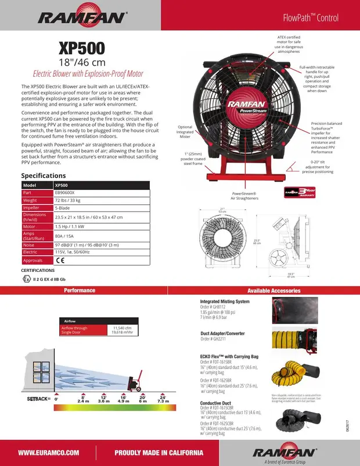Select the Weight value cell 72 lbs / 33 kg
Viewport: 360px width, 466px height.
click(x=70, y=200)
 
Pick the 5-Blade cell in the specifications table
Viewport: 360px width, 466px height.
click(x=64, y=207)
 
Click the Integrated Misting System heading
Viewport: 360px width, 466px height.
click(x=225, y=302)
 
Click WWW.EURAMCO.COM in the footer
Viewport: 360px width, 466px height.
click(x=49, y=453)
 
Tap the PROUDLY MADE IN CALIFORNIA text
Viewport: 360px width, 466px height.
click(x=159, y=453)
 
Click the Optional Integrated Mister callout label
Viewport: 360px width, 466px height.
click(x=185, y=131)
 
